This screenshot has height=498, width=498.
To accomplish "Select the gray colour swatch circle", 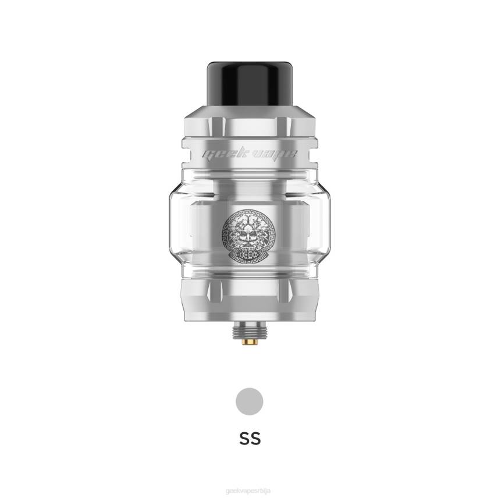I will (249, 401).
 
